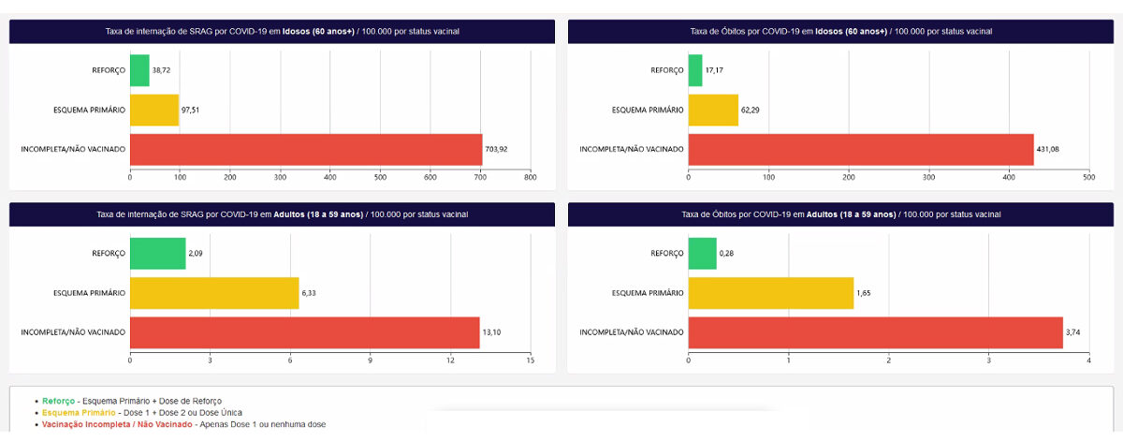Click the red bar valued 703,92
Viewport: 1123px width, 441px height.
[x=305, y=149]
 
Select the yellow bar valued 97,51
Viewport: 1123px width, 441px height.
[x=154, y=110]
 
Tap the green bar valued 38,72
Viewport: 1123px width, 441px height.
[x=139, y=70]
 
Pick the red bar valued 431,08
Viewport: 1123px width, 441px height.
[x=861, y=149]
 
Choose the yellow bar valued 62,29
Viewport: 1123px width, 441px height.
[x=713, y=110]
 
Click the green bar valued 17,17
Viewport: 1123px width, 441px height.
[x=695, y=70]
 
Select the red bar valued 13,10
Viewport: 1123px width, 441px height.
[x=304, y=332]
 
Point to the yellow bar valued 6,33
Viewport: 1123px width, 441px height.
[x=214, y=293]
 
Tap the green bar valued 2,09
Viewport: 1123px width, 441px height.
[x=157, y=254]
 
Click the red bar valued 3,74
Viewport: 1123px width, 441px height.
[x=875, y=332]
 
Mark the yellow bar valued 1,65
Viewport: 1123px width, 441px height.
[x=771, y=293]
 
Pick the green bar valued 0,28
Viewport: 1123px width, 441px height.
[x=702, y=254]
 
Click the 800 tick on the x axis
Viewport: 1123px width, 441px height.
[x=530, y=176]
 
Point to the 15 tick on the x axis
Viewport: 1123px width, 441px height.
[x=530, y=360]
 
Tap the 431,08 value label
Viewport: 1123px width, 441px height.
[x=1048, y=149]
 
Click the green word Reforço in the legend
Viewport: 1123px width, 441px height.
[x=58, y=401]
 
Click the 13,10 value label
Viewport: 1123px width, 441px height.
[x=493, y=332]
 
